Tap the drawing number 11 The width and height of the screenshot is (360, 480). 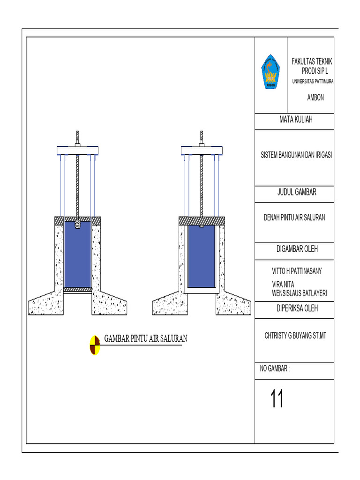(277, 399)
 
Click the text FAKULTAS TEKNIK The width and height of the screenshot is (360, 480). (312, 62)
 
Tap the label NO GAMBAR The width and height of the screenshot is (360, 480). (275, 369)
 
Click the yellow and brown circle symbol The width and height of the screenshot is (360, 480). (95, 345)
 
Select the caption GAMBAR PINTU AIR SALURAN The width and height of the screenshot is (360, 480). (146, 338)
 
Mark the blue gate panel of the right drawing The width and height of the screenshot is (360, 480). (202, 256)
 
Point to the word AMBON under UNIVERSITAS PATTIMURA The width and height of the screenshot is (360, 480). (315, 98)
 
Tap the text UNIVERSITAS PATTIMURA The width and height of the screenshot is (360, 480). (313, 82)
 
